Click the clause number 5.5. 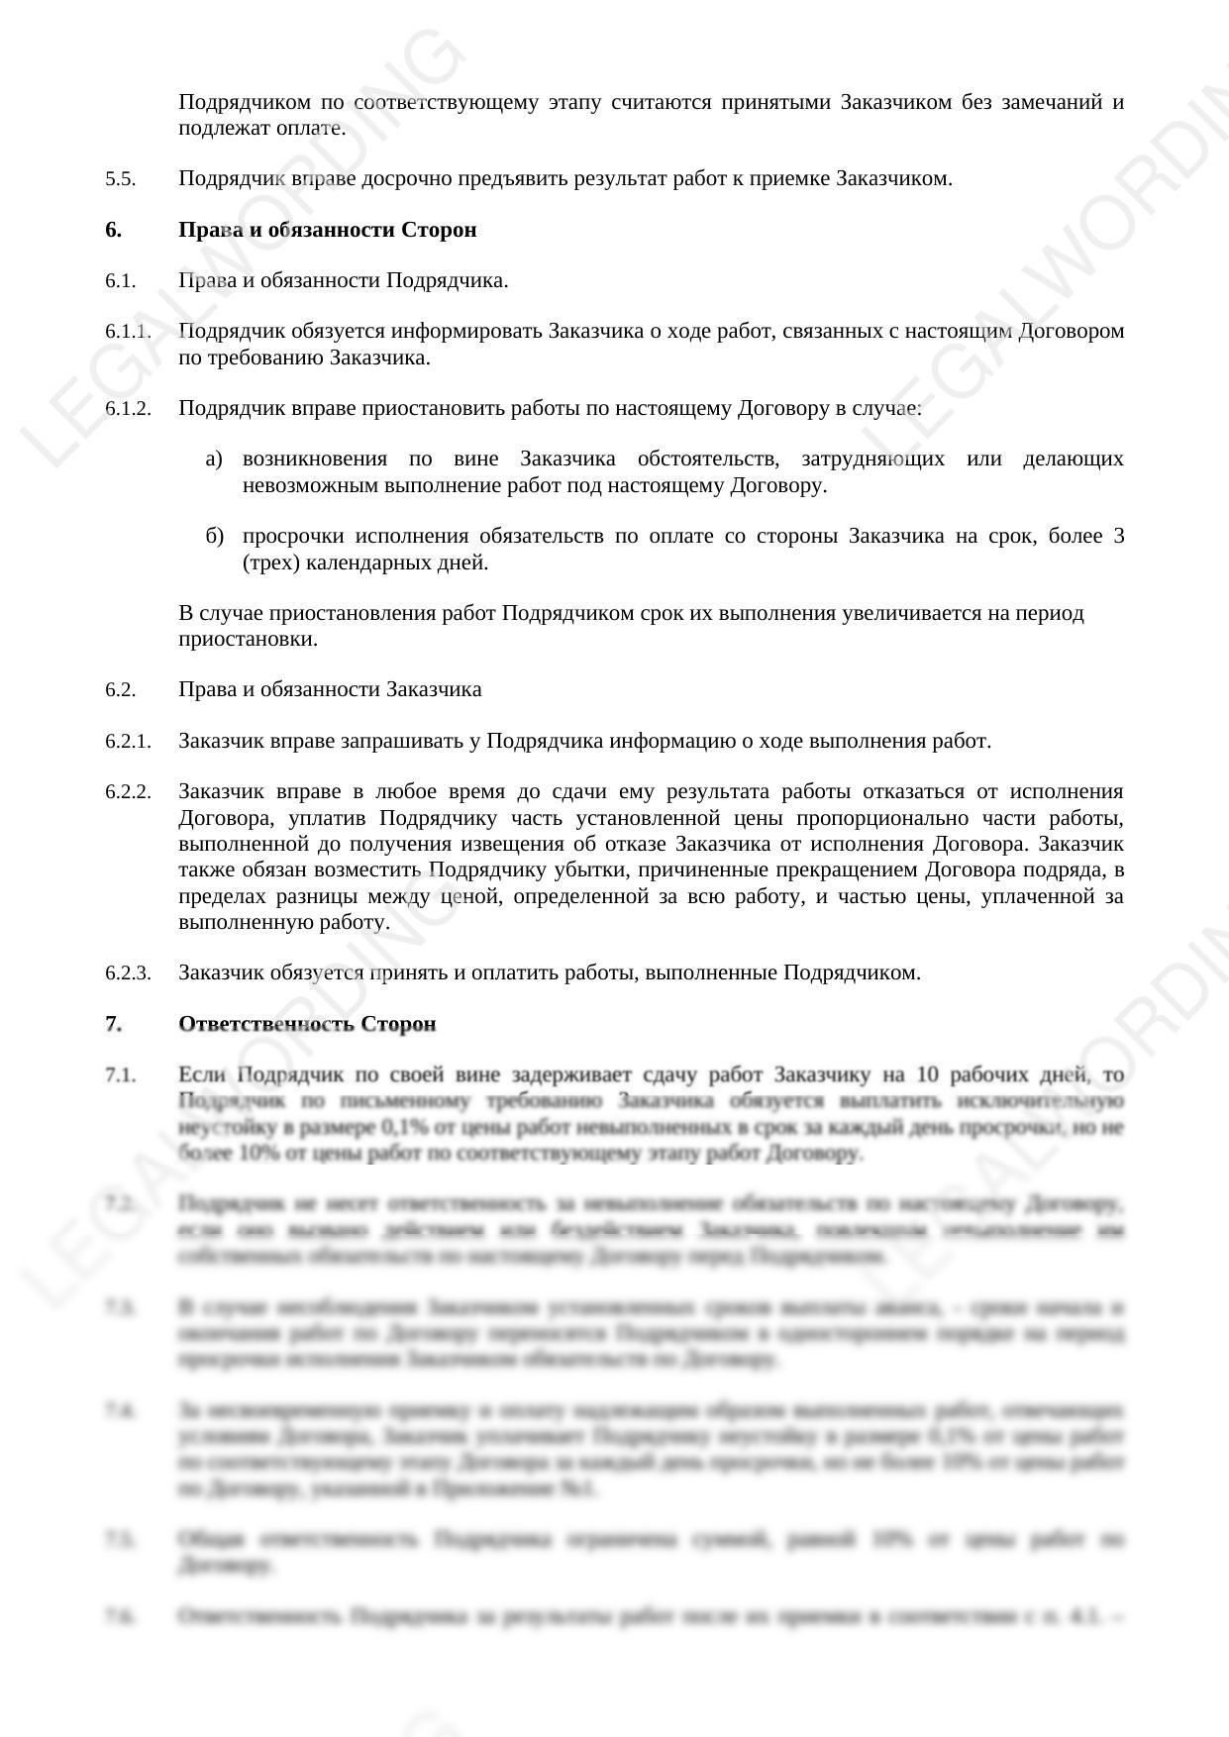(x=120, y=179)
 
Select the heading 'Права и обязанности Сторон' (x=327, y=230)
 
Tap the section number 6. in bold (x=113, y=230)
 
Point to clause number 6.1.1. (x=128, y=331)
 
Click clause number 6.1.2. (x=128, y=408)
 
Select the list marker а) (x=214, y=459)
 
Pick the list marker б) (x=215, y=536)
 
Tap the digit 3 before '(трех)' (x=1118, y=536)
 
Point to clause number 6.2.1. (x=128, y=741)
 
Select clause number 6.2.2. (x=128, y=791)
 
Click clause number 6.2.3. (x=128, y=972)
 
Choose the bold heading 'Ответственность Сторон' (x=307, y=1023)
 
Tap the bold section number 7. (x=113, y=1023)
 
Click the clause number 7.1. (x=120, y=1074)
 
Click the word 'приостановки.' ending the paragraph (x=248, y=639)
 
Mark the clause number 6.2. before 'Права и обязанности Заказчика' (x=120, y=689)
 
